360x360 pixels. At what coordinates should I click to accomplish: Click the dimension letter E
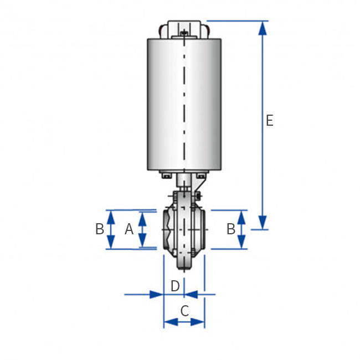270,120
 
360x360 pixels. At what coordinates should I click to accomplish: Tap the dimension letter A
129,229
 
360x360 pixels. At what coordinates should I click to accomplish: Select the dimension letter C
185,311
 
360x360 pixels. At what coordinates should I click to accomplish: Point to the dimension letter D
175,286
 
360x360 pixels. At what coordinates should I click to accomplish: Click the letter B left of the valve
100,229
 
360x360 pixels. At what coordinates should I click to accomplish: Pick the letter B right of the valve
231,229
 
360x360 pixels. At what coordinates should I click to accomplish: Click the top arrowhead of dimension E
263,28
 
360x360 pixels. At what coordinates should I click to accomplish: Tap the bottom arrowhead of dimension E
263,222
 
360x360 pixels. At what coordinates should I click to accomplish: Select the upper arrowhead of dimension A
142,219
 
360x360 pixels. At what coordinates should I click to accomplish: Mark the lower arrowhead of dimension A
142,240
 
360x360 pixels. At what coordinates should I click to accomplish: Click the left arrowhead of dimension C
171,322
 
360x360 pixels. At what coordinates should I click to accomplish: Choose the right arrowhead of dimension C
198,322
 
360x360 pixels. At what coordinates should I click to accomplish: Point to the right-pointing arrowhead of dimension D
156,294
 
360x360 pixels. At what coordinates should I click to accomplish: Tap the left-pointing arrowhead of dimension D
191,294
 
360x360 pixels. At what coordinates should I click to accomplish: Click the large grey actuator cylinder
184,105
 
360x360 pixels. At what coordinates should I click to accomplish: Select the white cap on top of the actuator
184,29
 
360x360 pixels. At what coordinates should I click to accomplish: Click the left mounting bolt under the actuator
167,176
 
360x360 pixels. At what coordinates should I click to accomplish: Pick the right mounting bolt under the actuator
201,176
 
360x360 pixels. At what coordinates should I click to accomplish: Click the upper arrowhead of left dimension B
111,218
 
